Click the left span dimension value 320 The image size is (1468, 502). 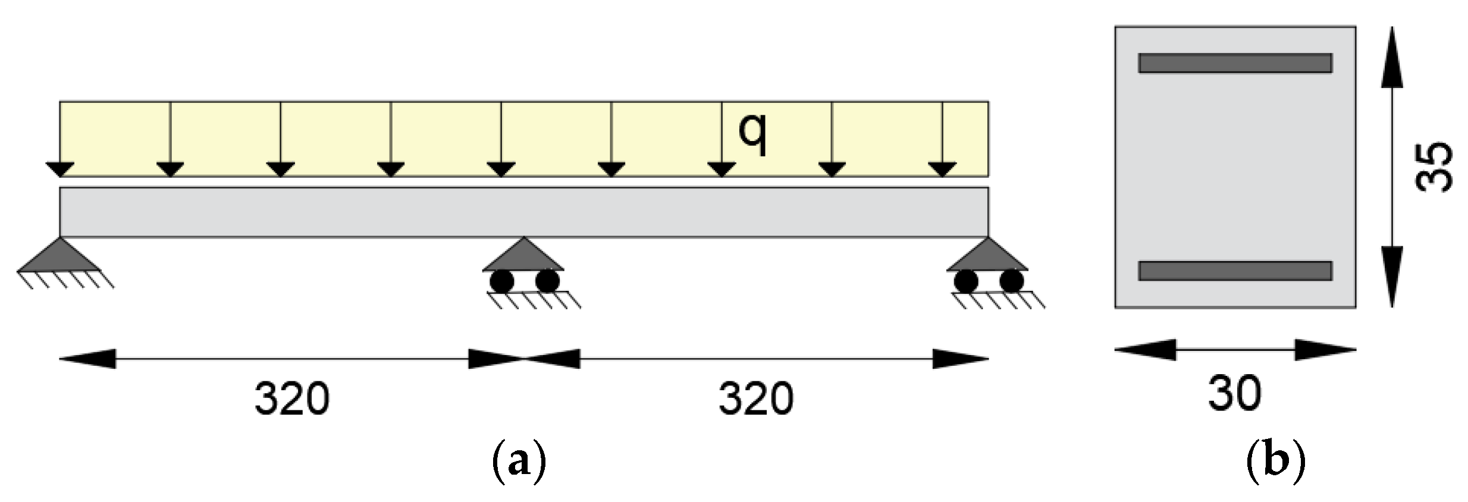292,399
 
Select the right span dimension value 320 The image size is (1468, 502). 756,399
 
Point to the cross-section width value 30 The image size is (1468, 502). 1235,394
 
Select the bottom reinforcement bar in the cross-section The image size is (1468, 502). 1235,271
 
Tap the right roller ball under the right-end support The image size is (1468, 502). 1011,281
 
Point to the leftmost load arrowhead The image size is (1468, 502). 60,170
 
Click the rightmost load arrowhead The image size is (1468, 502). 942,170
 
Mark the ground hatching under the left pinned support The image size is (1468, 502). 65,280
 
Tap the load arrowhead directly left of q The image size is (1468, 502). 722,170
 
